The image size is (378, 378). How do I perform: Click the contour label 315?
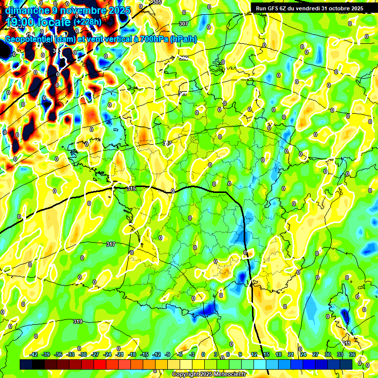pyautogui.click(x=131, y=189)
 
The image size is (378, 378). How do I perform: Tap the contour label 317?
pyautogui.click(x=110, y=244)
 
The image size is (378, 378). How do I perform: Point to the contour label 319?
pyautogui.click(x=78, y=321)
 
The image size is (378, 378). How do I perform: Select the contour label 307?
pyautogui.click(x=184, y=24)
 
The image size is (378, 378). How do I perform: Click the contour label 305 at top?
pyautogui.click(x=157, y=2)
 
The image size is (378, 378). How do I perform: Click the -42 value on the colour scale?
pyautogui.click(x=34, y=355)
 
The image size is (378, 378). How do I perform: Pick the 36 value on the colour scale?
pyautogui.click(x=352, y=355)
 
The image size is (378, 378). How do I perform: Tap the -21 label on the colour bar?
pyautogui.click(x=120, y=355)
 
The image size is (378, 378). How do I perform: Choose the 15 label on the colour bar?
pyautogui.click(x=266, y=355)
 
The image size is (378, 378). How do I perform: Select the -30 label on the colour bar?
pyautogui.click(x=83, y=355)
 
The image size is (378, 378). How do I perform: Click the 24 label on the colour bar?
pyautogui.click(x=303, y=355)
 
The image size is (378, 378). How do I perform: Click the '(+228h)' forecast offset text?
pyautogui.click(x=88, y=22)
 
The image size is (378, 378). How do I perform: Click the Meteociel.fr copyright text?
pyautogui.click(x=209, y=374)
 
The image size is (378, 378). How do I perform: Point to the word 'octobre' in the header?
pyautogui.click(x=335, y=8)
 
